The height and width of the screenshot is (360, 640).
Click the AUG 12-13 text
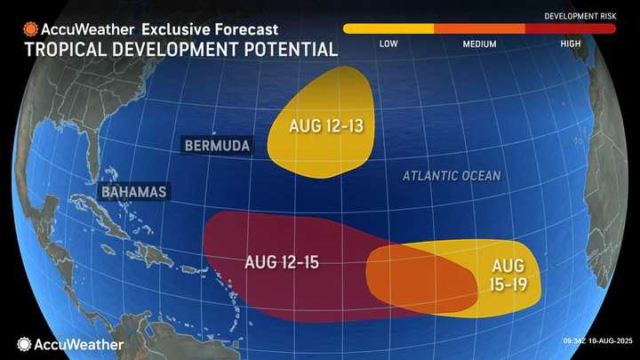click(324, 126)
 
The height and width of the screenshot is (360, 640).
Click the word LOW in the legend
click(388, 44)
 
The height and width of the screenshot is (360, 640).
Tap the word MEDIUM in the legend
click(479, 44)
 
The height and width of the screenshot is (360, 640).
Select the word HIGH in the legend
click(571, 44)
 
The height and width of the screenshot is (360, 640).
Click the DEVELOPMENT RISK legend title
click(580, 16)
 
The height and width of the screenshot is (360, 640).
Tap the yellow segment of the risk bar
click(388, 28)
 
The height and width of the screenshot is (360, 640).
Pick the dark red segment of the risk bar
click(571, 28)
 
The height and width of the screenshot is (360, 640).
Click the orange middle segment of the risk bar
click(479, 28)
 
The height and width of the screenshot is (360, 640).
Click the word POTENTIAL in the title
click(285, 48)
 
